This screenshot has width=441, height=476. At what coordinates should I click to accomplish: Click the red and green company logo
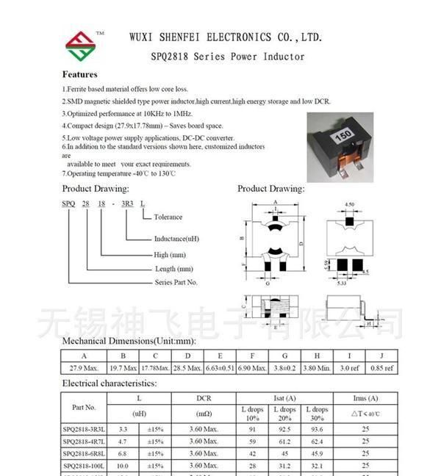80,46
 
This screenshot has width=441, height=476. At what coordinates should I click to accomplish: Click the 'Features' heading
79,74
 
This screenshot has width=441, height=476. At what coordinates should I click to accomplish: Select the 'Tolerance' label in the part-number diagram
168,217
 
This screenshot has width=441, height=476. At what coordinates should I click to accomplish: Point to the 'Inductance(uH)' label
176,239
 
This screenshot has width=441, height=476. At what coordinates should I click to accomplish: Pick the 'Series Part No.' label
176,282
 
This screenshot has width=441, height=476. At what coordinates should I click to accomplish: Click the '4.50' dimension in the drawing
350,205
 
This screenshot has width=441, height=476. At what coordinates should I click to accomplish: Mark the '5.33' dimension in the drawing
342,282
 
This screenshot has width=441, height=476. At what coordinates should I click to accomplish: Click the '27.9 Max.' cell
84,368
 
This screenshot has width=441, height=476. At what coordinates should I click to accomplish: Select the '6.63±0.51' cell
220,368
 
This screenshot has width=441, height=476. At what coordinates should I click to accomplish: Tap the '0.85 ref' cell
382,368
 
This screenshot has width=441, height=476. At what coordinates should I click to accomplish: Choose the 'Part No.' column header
84,407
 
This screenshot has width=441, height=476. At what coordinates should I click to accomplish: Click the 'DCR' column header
204,399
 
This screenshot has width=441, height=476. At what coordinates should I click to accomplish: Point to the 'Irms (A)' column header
365,399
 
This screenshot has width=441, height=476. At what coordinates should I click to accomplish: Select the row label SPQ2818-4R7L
84,441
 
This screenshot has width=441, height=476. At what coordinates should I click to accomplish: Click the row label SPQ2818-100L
84,466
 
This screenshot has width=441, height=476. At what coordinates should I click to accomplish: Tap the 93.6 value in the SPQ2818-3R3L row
317,429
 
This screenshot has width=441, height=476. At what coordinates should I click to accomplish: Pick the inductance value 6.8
123,454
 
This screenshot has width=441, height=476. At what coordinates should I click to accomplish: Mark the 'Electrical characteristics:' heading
109,383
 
